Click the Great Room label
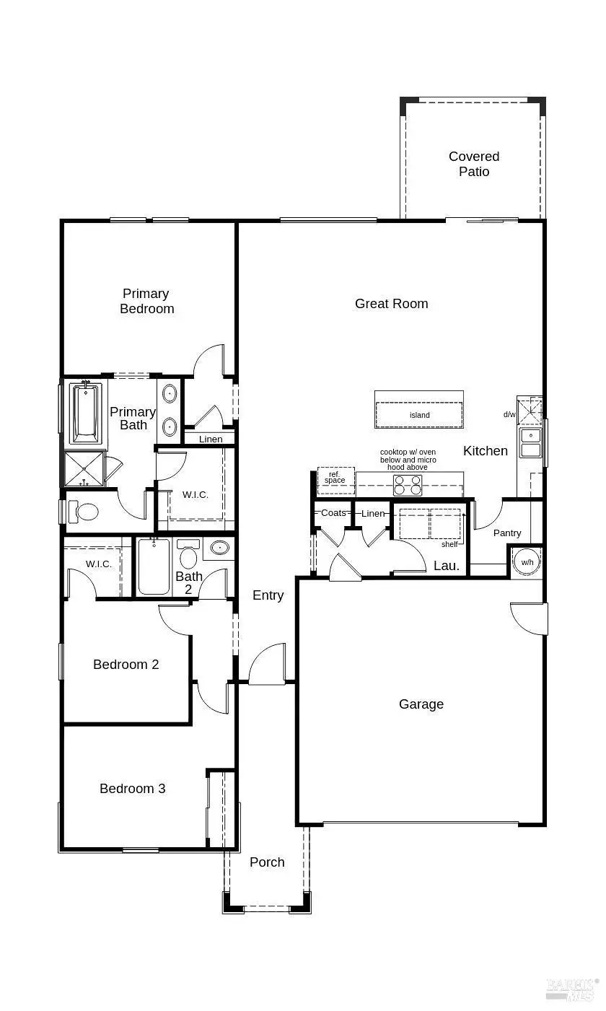(391, 304)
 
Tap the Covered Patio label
(474, 164)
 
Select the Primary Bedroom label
(147, 301)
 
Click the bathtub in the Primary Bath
(85, 413)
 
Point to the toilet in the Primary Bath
(86, 512)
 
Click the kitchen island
(419, 415)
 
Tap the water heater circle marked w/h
(527, 562)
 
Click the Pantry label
(507, 533)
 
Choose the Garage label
(421, 704)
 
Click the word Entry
(268, 595)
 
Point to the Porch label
(267, 862)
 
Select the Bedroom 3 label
(133, 788)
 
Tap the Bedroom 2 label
(126, 664)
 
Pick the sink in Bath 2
(218, 548)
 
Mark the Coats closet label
(333, 513)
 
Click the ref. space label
(335, 477)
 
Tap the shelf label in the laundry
(449, 544)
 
